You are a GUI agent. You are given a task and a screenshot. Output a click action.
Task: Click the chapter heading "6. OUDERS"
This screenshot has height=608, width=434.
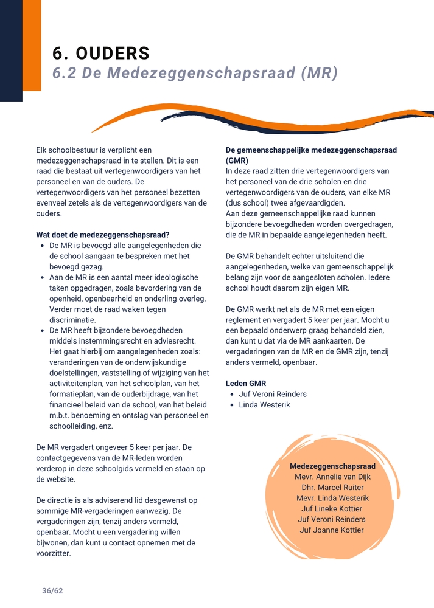101,54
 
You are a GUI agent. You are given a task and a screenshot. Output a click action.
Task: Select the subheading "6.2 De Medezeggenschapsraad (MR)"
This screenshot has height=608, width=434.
195,74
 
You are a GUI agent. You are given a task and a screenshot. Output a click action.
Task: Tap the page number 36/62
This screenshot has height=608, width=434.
52,590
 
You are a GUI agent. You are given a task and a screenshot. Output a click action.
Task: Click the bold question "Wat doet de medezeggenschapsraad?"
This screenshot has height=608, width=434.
103,235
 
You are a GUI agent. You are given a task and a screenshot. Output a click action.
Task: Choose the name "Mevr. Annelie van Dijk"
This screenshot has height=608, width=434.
332,477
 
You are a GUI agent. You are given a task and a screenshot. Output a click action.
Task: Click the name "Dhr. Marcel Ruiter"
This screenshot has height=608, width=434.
332,488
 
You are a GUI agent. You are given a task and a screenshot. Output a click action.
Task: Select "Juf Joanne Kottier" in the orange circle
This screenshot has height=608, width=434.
332,530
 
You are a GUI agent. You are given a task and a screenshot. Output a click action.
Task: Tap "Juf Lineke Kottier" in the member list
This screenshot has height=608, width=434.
332,509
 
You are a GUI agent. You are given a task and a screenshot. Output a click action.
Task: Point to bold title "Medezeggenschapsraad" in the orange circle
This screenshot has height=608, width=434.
332,466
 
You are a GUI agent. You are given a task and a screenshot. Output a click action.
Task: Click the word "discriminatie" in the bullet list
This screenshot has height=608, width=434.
72,320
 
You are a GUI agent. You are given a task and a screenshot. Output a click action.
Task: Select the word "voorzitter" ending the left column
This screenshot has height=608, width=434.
54,553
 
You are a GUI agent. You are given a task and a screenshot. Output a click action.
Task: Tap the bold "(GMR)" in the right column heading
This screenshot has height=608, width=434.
237,161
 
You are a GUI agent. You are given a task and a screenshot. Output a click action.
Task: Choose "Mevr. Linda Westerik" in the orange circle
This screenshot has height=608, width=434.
332,498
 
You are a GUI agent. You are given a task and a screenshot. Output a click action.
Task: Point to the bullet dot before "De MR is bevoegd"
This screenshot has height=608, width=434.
42,246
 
